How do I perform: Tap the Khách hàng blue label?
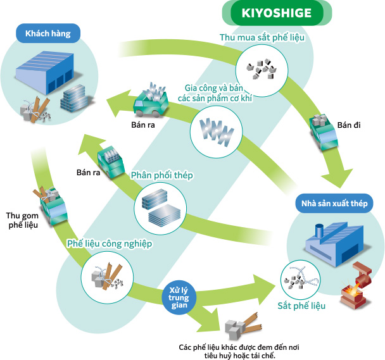point(48,33)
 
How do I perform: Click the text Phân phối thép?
point(161,175)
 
